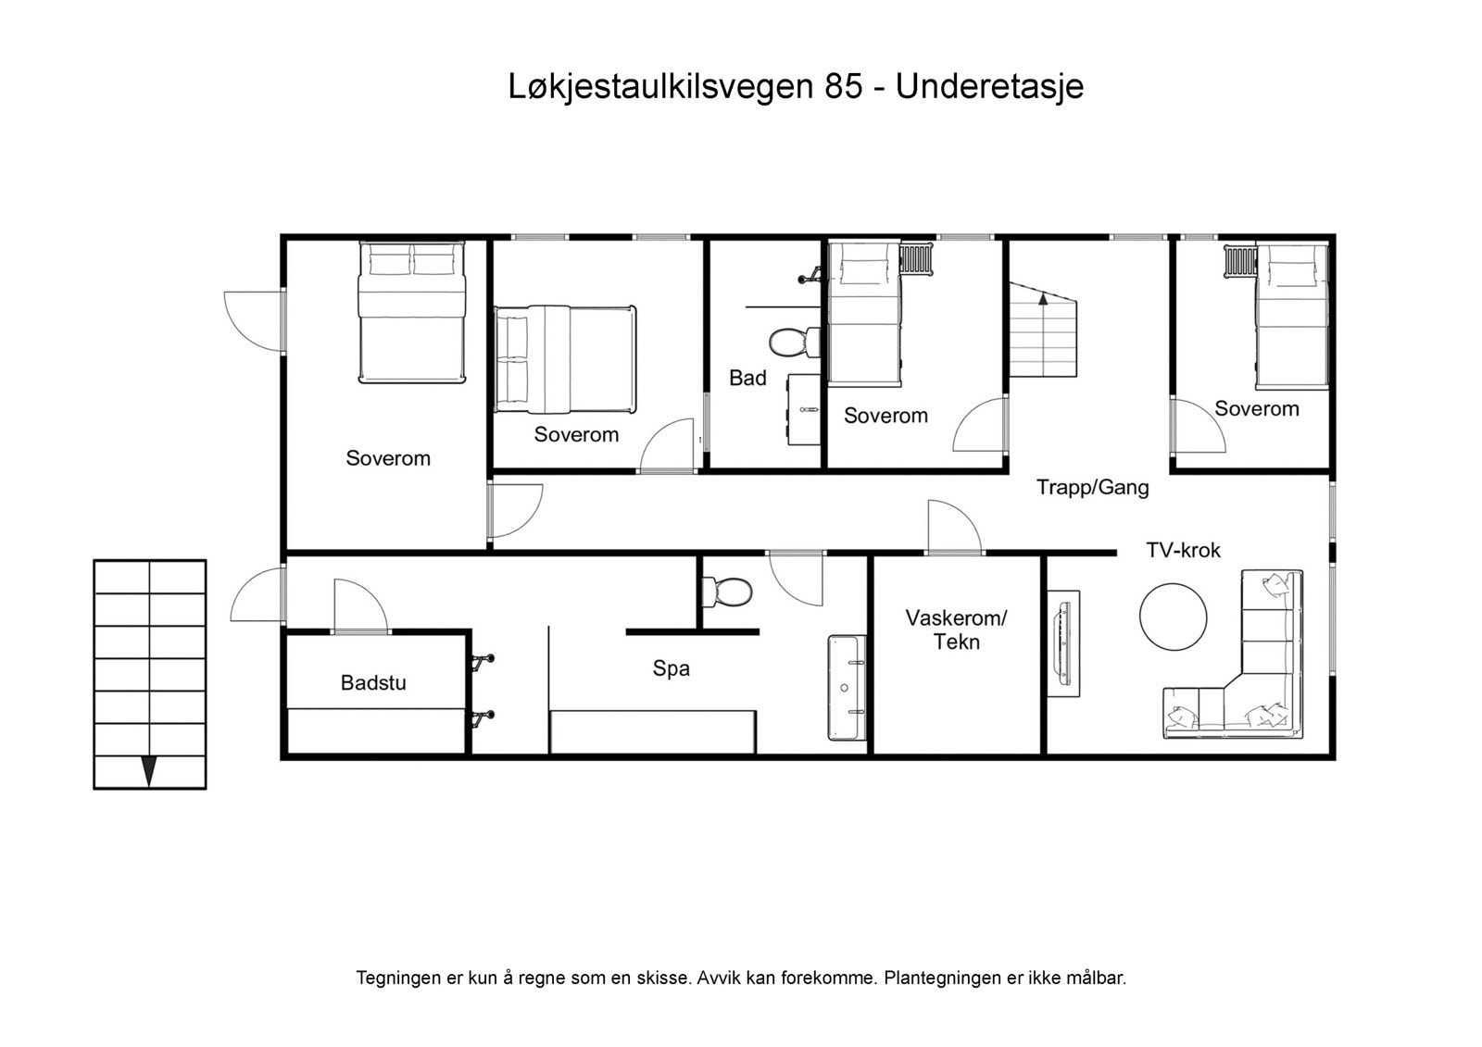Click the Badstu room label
coord(373,683)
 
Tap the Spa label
coord(671,668)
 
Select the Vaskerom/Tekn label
coord(956,629)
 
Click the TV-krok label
coord(1183,550)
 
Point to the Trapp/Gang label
coord(1092,487)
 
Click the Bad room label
coord(747,378)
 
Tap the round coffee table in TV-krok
coord(1173,617)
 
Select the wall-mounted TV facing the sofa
coord(1063,642)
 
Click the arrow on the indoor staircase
coord(1043,299)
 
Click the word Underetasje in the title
coord(989,87)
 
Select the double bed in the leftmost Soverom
coord(411,312)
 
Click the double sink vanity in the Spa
coord(847,687)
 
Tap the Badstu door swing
coord(359,606)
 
